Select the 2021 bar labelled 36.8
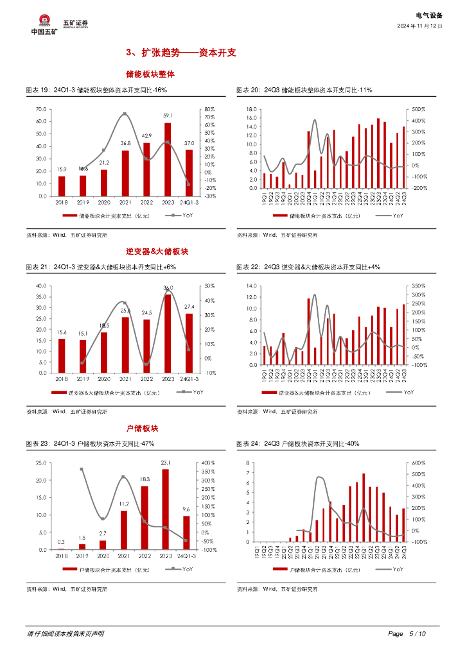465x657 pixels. point(125,173)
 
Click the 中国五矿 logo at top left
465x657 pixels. point(44,24)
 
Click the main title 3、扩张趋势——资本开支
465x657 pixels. point(181,53)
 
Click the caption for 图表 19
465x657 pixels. point(96,90)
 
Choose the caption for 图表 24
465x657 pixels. point(297,443)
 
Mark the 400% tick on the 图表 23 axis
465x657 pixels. point(208,463)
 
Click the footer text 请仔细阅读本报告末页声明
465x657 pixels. point(66,634)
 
